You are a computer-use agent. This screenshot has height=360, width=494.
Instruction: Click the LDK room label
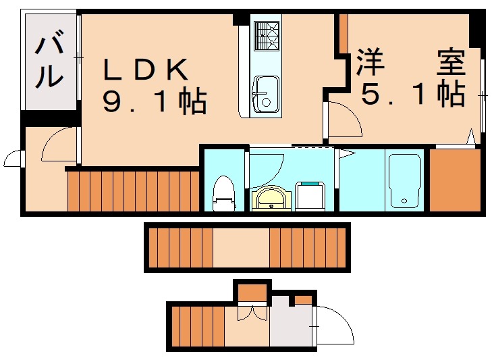click(144, 70)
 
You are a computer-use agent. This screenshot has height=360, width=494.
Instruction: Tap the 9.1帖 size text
click(155, 101)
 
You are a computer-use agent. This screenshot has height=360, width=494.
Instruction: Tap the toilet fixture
click(223, 190)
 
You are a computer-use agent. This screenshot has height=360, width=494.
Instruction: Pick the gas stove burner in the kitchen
click(267, 35)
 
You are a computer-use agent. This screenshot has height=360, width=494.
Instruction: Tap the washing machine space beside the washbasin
click(311, 196)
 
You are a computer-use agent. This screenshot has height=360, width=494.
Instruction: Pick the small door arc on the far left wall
click(12, 159)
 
